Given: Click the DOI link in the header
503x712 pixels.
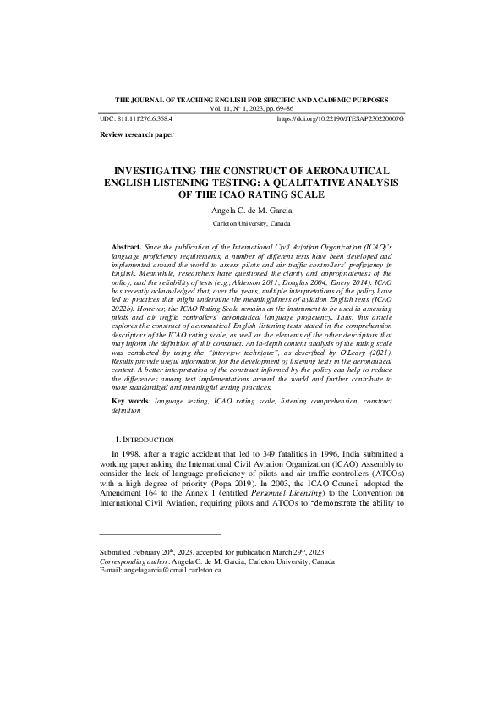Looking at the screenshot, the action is click(x=340, y=120).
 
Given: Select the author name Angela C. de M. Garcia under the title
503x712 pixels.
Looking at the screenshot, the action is click(x=251, y=209).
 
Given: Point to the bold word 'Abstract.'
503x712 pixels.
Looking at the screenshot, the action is click(x=128, y=244).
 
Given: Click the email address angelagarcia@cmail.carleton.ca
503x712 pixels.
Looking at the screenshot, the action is click(x=172, y=570).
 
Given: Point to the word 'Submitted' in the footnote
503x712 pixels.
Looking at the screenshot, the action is click(x=118, y=551).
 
